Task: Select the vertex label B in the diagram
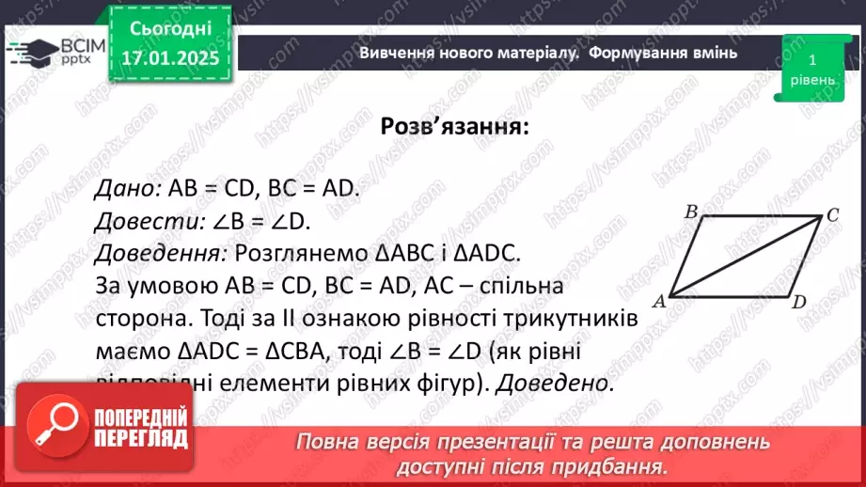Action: tap(690, 212)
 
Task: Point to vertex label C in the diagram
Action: tap(831, 215)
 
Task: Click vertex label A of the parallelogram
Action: tap(659, 301)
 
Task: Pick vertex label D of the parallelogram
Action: tap(798, 302)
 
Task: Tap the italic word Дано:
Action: tap(128, 188)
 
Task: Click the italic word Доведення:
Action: tap(161, 253)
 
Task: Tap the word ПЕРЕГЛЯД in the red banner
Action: tap(142, 438)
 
